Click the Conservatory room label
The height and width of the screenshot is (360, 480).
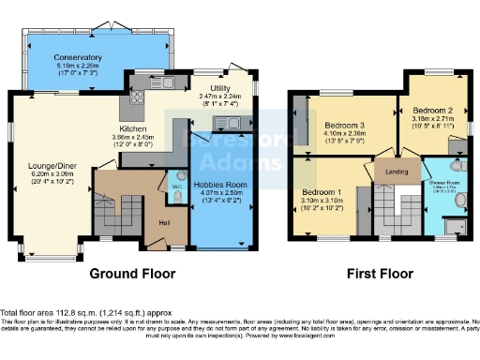tap(79, 58)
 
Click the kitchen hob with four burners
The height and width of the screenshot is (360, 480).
tap(137, 96)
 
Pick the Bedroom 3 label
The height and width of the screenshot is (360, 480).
tap(345, 126)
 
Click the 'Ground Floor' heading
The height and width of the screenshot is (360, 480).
tap(132, 275)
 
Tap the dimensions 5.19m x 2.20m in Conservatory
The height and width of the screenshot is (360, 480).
tap(79, 67)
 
